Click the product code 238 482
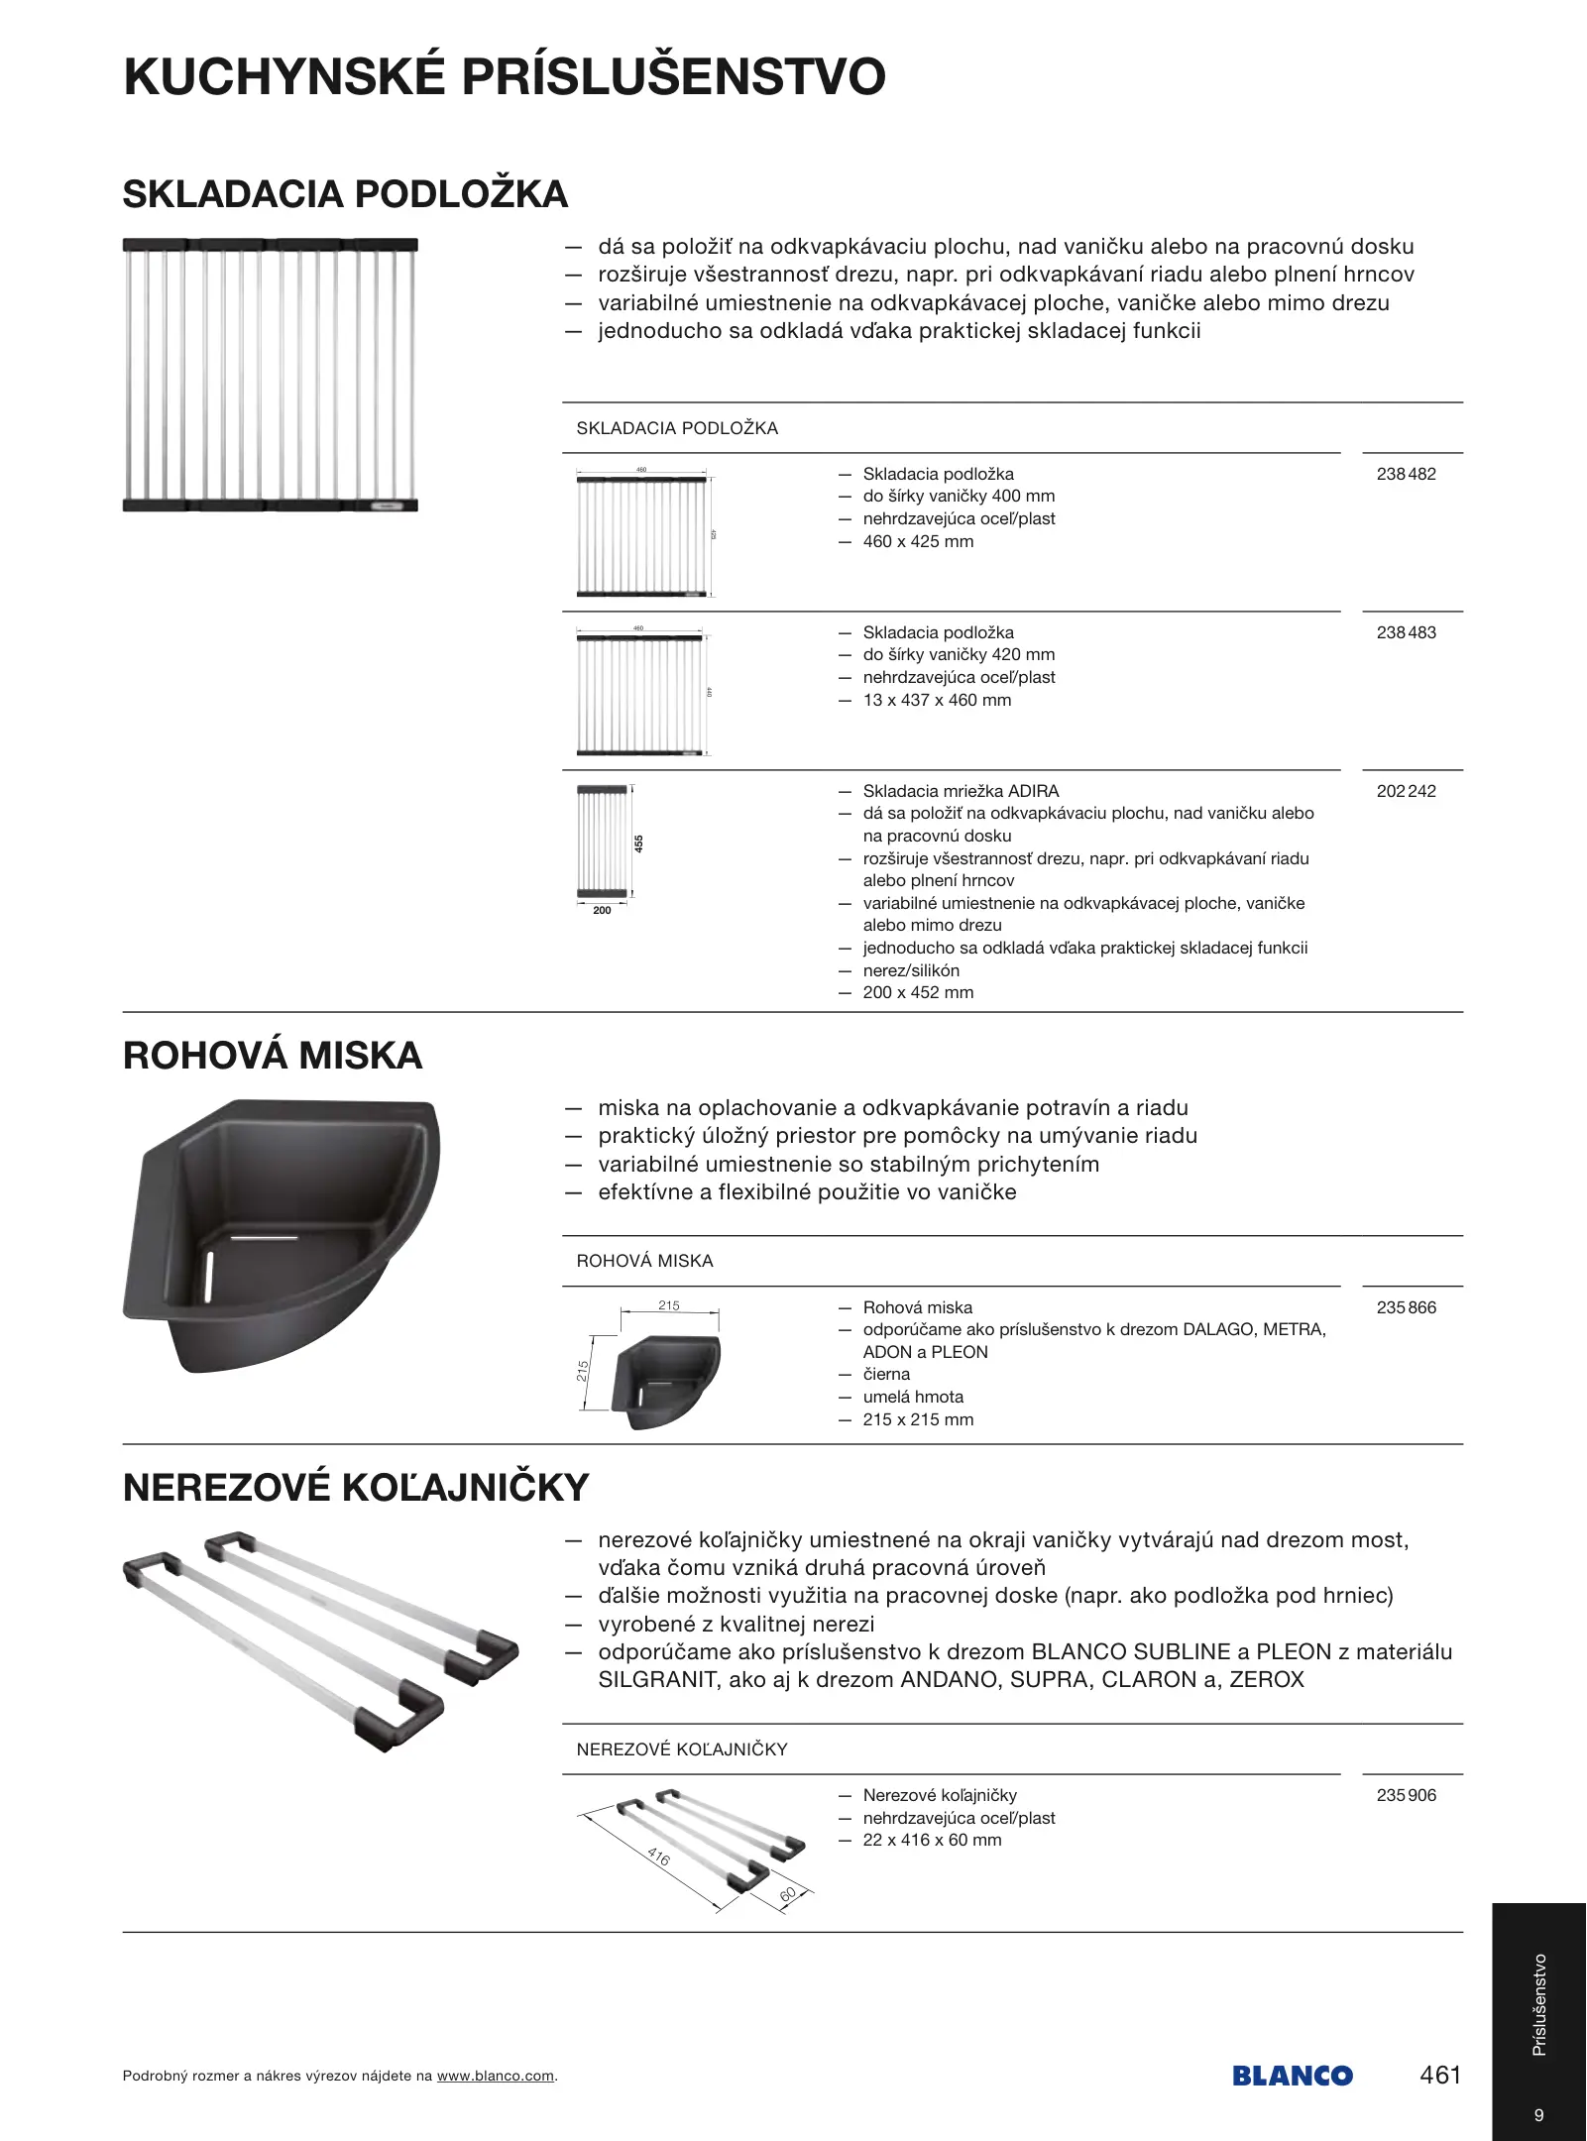pyautogui.click(x=1406, y=474)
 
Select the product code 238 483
pyautogui.click(x=1406, y=632)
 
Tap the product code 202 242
pyautogui.click(x=1406, y=791)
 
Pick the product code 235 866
pyautogui.click(x=1406, y=1307)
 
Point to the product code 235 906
pyautogui.click(x=1406, y=1795)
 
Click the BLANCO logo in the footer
pyautogui.click(x=1293, y=2076)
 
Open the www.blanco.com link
pyautogui.click(x=495, y=2077)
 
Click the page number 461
pyautogui.click(x=1440, y=2075)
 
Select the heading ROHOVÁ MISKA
pyautogui.click(x=273, y=1056)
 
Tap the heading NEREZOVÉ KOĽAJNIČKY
pyautogui.click(x=356, y=1488)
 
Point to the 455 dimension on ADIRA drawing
pyautogui.click(x=639, y=844)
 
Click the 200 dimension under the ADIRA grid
pyautogui.click(x=602, y=910)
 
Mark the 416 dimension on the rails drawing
pyautogui.click(x=658, y=1857)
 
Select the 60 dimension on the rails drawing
pyautogui.click(x=788, y=1894)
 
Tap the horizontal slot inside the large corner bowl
pyautogui.click(x=264, y=1238)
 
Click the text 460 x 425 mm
pyautogui.click(x=918, y=541)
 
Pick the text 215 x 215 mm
pyautogui.click(x=918, y=1419)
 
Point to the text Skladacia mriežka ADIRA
pyautogui.click(x=961, y=791)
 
